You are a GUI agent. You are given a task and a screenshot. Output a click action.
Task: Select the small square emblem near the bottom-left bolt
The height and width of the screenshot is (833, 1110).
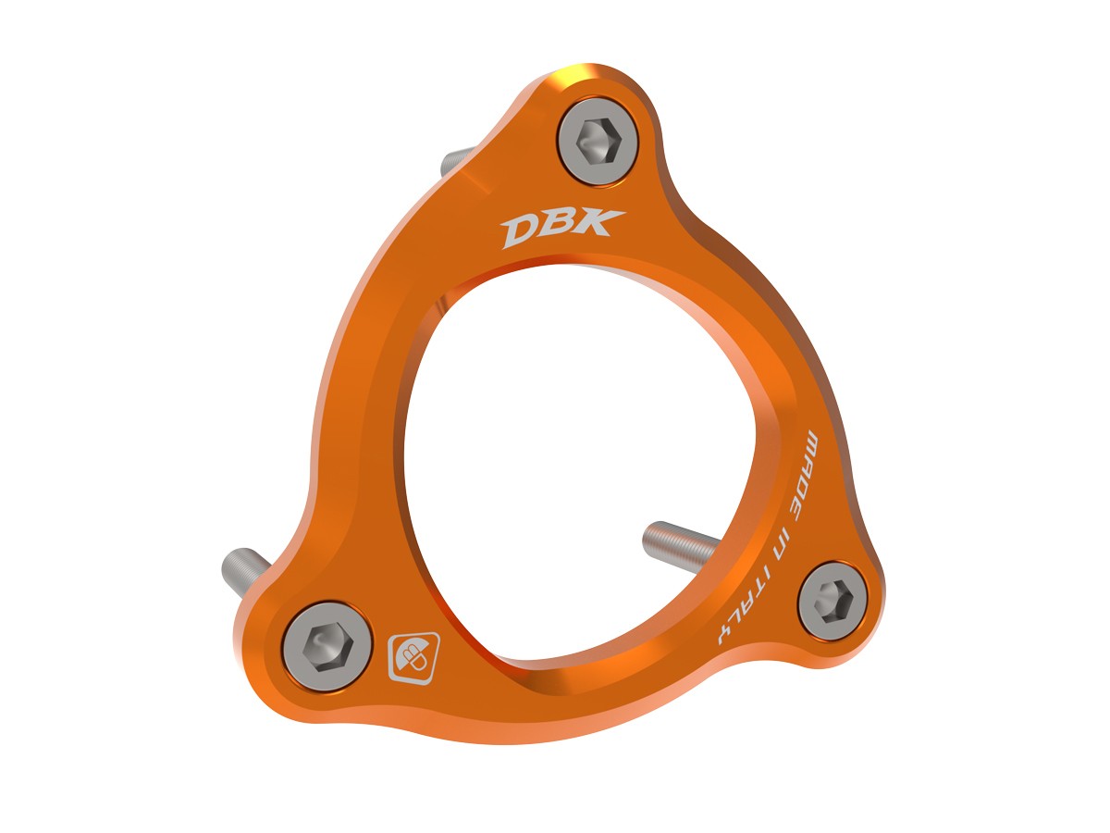pos(406,657)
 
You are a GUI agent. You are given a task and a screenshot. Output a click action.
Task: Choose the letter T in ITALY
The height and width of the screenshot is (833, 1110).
pos(762,593)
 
